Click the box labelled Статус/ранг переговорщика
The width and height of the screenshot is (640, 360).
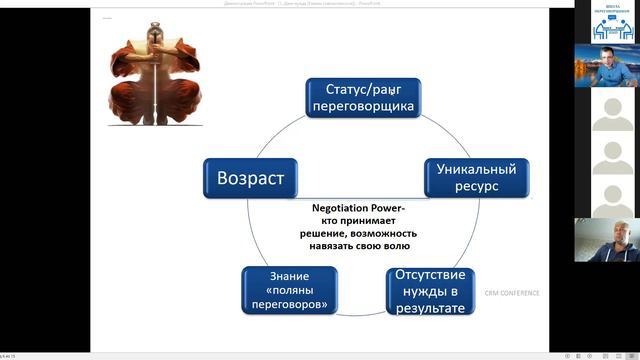361,98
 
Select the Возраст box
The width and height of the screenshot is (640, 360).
251,180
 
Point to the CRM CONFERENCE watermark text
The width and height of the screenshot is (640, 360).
512,293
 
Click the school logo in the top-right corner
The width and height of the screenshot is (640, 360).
612,21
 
